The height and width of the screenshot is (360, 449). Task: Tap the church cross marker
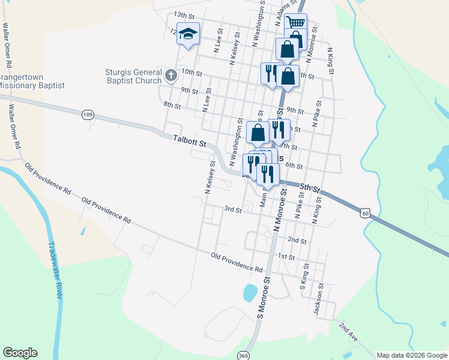point(170,75)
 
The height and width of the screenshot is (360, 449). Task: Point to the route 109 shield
point(88,114)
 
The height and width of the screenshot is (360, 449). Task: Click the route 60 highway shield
point(366,212)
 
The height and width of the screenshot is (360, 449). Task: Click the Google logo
point(20,353)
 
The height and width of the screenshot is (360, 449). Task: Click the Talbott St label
point(189,141)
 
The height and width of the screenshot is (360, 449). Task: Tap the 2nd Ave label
point(348,331)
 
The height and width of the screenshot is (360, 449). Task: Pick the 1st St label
point(286,257)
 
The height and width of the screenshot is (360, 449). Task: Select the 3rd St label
point(232,210)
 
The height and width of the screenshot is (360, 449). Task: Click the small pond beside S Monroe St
point(250,293)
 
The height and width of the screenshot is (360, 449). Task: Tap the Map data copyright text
point(411,355)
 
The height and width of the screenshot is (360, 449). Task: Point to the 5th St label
point(310,188)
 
